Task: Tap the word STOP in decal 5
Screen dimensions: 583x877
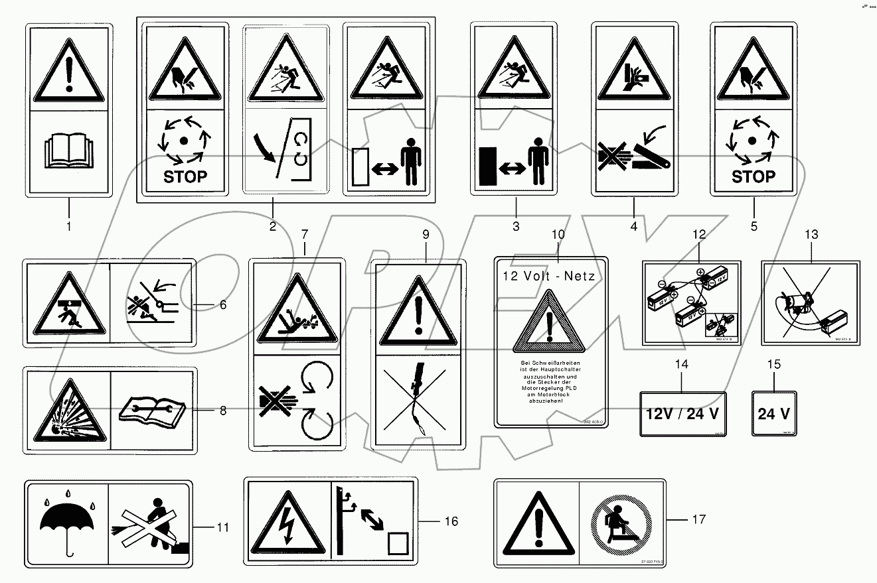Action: (753, 176)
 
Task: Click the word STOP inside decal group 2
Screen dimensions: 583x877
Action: (185, 176)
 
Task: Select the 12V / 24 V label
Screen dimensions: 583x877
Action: (683, 414)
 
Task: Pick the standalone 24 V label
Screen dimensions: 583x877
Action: (773, 414)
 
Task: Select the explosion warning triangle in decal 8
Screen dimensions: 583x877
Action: (68, 411)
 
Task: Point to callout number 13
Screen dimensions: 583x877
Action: (811, 234)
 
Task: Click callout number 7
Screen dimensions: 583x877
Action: (305, 234)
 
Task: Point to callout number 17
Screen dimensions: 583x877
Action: (698, 519)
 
